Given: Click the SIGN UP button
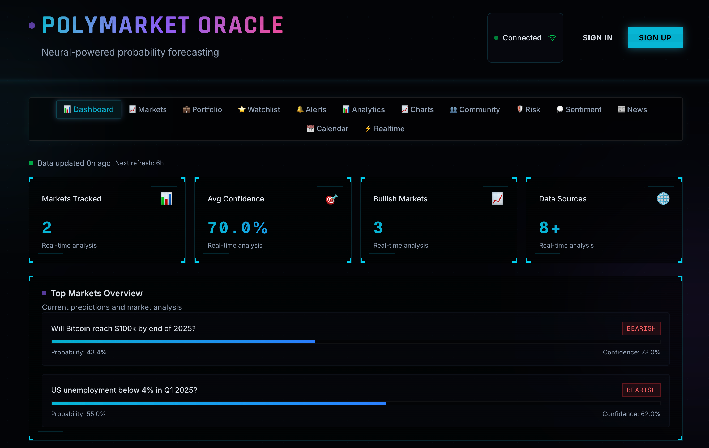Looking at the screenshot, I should [655, 38].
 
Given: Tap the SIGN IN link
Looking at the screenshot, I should [597, 38].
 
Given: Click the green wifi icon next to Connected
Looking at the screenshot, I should [552, 38].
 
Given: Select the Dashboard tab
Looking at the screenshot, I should [89, 109].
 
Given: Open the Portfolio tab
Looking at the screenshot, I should [202, 109].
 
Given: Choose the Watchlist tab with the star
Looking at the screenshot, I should [259, 109].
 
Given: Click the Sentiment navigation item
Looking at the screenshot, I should [579, 109].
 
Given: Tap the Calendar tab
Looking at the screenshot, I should [327, 128].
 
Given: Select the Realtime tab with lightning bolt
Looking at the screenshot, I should [385, 128].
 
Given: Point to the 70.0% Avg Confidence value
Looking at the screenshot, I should [237, 228].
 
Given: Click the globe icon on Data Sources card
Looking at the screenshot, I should [663, 198].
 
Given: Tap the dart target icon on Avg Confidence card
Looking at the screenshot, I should [332, 199].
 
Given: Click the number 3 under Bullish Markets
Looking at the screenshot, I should [378, 228].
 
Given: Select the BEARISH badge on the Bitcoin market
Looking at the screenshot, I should [641, 328].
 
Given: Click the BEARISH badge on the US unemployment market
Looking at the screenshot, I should [641, 390].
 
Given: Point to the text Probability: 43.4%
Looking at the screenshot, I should [79, 352].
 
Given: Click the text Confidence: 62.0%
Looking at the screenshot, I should [631, 413].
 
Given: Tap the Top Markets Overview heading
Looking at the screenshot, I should [96, 293].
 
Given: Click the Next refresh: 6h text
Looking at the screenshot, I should [139, 163].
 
